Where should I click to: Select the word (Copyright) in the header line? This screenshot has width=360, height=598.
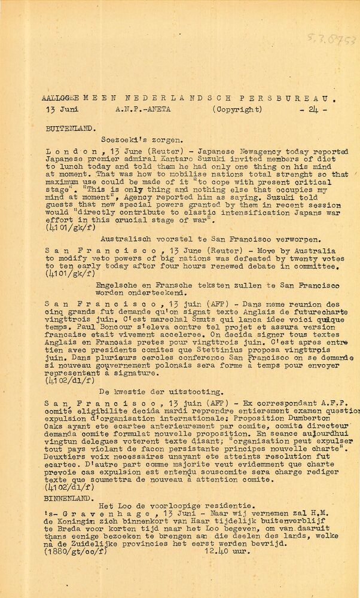tap(237, 109)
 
